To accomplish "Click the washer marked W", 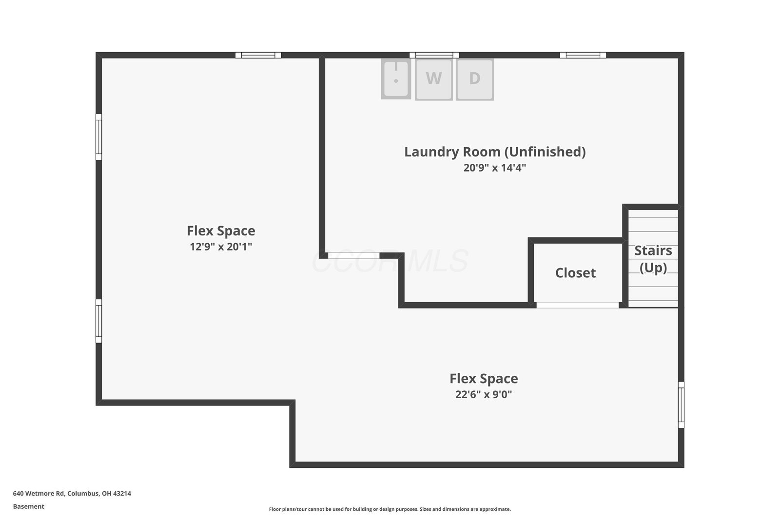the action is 433,79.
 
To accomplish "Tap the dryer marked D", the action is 475,79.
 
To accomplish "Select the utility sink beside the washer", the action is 396,78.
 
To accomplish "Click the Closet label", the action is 575,273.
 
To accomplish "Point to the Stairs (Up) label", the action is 653,259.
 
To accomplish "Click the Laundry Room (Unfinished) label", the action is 495,152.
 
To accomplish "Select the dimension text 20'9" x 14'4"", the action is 494,168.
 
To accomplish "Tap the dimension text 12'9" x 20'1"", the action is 221,247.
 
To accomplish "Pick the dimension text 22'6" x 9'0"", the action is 484,394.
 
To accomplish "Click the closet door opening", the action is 578,305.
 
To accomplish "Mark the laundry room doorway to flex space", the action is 354,255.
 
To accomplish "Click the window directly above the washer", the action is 434,55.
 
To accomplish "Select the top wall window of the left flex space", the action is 258,55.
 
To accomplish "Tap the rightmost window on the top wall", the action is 583,55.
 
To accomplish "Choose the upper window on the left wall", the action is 99,137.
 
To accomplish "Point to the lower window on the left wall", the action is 99,321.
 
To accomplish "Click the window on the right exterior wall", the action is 681,405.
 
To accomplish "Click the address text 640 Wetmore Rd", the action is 39,493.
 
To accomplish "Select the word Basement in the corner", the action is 29,506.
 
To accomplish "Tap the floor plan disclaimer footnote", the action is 390,509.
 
